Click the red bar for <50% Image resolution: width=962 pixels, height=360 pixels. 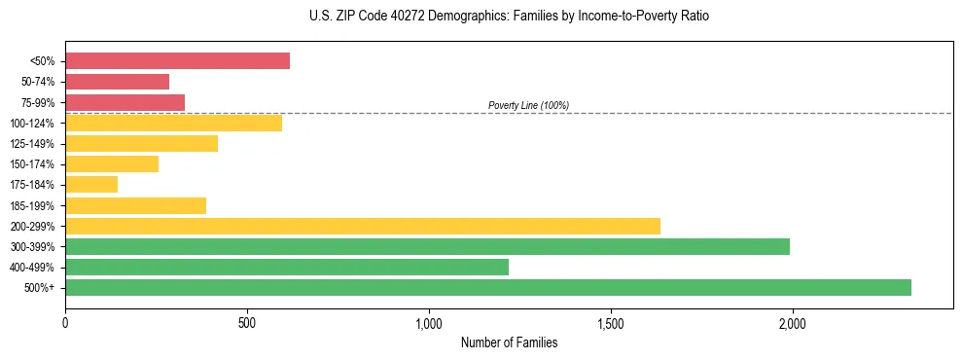(177, 61)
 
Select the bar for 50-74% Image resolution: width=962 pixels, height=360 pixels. (117, 82)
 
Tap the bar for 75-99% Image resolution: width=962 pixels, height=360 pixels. (125, 102)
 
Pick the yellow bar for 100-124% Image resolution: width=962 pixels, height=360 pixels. (173, 123)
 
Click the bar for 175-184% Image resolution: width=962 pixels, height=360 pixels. (91, 185)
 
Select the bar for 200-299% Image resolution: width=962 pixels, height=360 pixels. (363, 226)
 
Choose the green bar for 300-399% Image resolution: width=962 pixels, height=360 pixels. (427, 246)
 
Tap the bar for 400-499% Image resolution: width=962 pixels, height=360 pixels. (287, 267)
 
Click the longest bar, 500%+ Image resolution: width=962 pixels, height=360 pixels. (488, 287)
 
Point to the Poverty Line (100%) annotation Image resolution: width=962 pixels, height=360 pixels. (528, 105)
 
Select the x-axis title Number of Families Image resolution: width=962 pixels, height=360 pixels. (509, 342)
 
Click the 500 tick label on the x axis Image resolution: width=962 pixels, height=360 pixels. (247, 323)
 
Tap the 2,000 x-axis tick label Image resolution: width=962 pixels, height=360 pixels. (793, 323)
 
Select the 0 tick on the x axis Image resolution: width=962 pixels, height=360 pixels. (65, 323)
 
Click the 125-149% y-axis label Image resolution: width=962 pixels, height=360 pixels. (32, 144)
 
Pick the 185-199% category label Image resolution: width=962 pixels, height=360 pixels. (32, 206)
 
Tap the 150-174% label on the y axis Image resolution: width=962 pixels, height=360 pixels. (32, 164)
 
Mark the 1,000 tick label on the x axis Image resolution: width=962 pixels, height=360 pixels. (429, 323)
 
